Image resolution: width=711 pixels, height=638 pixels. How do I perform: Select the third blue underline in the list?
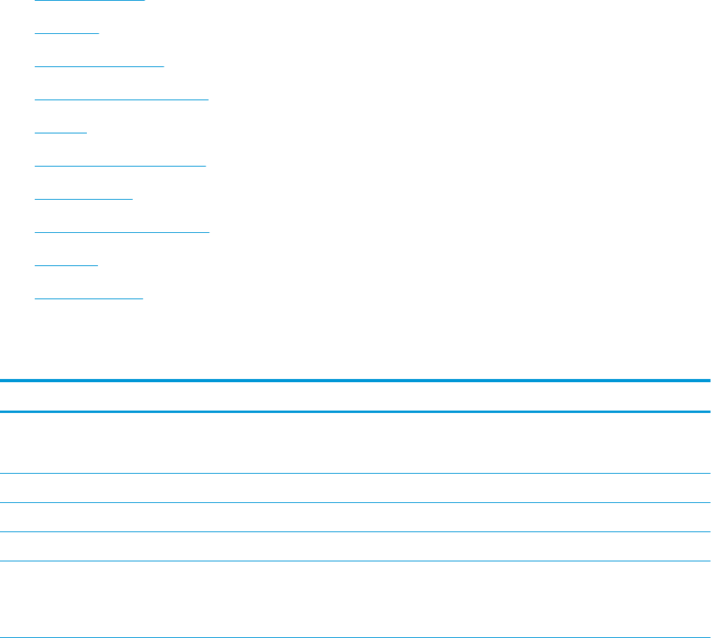coord(100,67)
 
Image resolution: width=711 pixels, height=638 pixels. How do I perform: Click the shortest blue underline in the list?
coord(61,133)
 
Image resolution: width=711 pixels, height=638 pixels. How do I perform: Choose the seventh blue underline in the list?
coord(85,200)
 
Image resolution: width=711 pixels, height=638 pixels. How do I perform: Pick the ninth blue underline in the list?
coord(66,266)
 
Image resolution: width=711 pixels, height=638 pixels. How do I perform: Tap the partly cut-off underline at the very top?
coord(90,1)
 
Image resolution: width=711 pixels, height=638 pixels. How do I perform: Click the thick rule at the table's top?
coord(355,381)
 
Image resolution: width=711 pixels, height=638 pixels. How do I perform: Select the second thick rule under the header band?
coord(355,411)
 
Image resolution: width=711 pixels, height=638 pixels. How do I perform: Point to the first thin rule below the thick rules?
coord(355,473)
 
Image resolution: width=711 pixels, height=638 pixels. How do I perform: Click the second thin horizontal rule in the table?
coord(355,503)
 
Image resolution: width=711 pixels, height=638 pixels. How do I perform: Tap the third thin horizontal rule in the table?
coord(355,532)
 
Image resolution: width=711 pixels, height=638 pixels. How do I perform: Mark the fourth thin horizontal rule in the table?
coord(355,561)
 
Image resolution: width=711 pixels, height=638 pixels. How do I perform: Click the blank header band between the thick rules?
coord(355,396)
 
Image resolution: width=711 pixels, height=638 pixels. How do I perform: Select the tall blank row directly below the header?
coord(355,442)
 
